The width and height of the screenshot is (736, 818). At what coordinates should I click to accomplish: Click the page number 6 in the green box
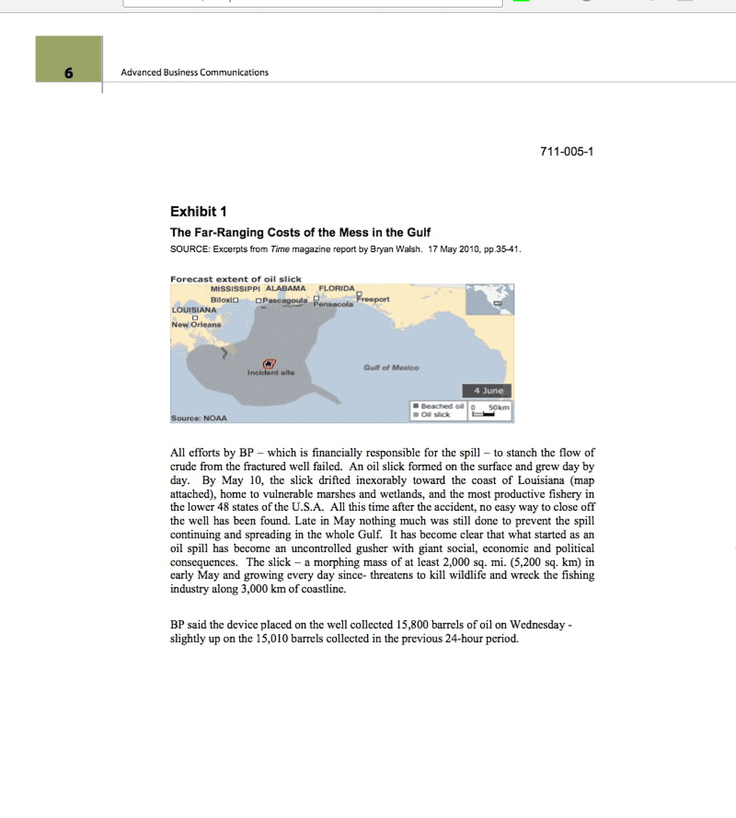[x=69, y=73]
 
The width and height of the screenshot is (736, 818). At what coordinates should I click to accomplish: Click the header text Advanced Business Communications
[x=194, y=72]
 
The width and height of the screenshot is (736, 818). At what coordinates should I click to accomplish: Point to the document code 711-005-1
[x=566, y=151]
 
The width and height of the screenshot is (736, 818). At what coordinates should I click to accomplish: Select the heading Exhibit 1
[x=198, y=211]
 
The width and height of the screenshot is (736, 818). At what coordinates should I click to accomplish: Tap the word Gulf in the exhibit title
[x=419, y=232]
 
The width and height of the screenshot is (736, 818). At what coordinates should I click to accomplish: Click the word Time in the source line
[x=279, y=249]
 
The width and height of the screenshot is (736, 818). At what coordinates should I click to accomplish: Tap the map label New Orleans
[x=196, y=324]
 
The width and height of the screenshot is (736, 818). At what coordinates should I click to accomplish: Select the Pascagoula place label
[x=285, y=300]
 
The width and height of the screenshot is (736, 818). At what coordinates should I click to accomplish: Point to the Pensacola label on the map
[x=333, y=305]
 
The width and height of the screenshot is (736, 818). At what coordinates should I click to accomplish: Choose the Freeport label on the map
[x=373, y=299]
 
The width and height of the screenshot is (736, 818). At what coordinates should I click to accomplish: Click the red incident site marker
[x=269, y=364]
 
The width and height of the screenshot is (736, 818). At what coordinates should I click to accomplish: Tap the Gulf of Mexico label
[x=391, y=367]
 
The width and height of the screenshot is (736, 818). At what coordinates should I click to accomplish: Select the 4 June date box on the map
[x=488, y=391]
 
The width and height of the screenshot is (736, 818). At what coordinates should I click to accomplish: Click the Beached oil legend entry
[x=440, y=406]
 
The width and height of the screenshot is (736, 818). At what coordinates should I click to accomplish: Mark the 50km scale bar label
[x=499, y=407]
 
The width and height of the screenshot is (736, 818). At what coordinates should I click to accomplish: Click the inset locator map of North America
[x=489, y=300]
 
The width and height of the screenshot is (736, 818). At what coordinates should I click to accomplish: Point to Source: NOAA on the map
[x=198, y=418]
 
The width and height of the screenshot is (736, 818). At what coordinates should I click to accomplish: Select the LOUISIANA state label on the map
[x=194, y=310]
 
